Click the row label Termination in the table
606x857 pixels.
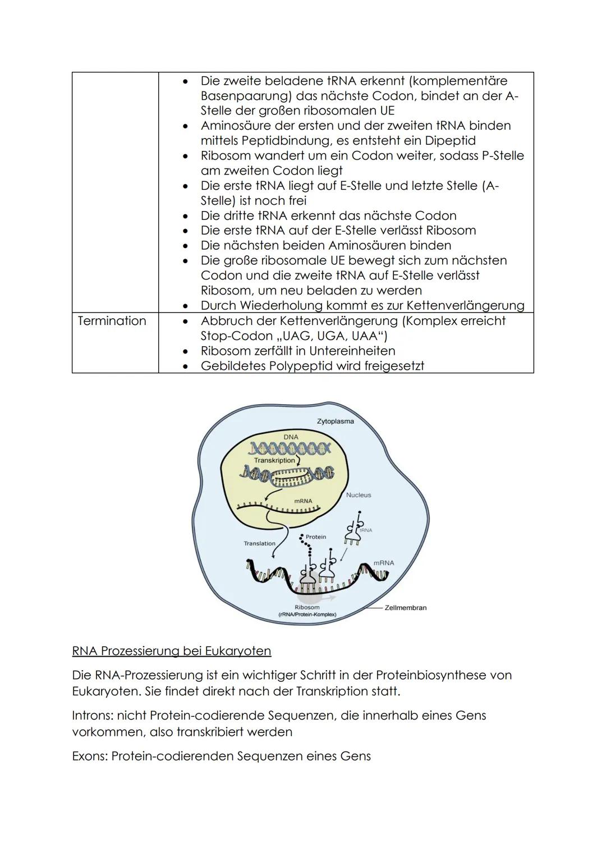pyautogui.click(x=112, y=321)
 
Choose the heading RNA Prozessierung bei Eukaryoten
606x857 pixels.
pyautogui.click(x=171, y=651)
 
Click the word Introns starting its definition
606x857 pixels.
pyautogui.click(x=91, y=716)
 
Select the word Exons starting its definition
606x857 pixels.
pyautogui.click(x=89, y=756)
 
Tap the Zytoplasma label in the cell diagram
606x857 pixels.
pyautogui.click(x=336, y=421)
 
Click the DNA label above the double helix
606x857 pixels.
pyautogui.click(x=291, y=437)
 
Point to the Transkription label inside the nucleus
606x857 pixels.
pyautogui.click(x=274, y=460)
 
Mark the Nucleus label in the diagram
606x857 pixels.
pyautogui.click(x=359, y=495)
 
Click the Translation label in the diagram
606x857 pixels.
pyautogui.click(x=259, y=543)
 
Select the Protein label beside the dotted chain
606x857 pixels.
pyautogui.click(x=316, y=537)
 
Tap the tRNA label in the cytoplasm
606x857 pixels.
pyautogui.click(x=366, y=530)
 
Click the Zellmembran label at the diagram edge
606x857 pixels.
pyautogui.click(x=405, y=607)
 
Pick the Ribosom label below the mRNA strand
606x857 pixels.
pyautogui.click(x=307, y=607)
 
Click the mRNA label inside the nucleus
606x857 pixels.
pyautogui.click(x=303, y=501)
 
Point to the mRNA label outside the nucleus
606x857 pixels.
pyautogui.click(x=384, y=563)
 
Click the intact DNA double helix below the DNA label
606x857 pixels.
pyautogui.click(x=290, y=447)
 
